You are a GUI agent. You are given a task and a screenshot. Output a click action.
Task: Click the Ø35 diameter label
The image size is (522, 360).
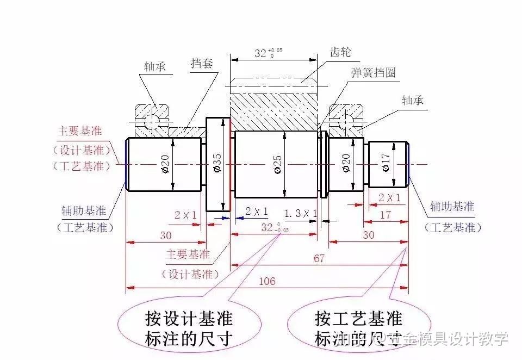[x=217, y=164]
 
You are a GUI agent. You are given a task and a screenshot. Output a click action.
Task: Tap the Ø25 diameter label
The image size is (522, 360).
[x=277, y=164]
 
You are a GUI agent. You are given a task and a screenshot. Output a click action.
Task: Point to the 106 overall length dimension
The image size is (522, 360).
[x=267, y=281]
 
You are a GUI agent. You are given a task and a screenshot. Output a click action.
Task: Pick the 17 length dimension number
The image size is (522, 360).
[x=385, y=215]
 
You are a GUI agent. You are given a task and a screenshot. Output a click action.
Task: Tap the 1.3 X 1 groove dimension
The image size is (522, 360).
[x=301, y=213]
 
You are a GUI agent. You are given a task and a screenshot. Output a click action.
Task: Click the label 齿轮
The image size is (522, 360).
[x=341, y=52]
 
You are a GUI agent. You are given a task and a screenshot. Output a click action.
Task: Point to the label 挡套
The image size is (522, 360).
[x=201, y=63]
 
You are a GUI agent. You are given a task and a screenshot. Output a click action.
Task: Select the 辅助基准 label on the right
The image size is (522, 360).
[x=452, y=207]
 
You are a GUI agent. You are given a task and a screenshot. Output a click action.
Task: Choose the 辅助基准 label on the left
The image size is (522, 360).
[x=84, y=210]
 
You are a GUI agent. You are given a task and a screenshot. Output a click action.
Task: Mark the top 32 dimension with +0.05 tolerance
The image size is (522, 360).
[x=269, y=53]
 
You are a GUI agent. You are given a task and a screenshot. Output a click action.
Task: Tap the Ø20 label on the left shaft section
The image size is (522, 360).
[x=165, y=164]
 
